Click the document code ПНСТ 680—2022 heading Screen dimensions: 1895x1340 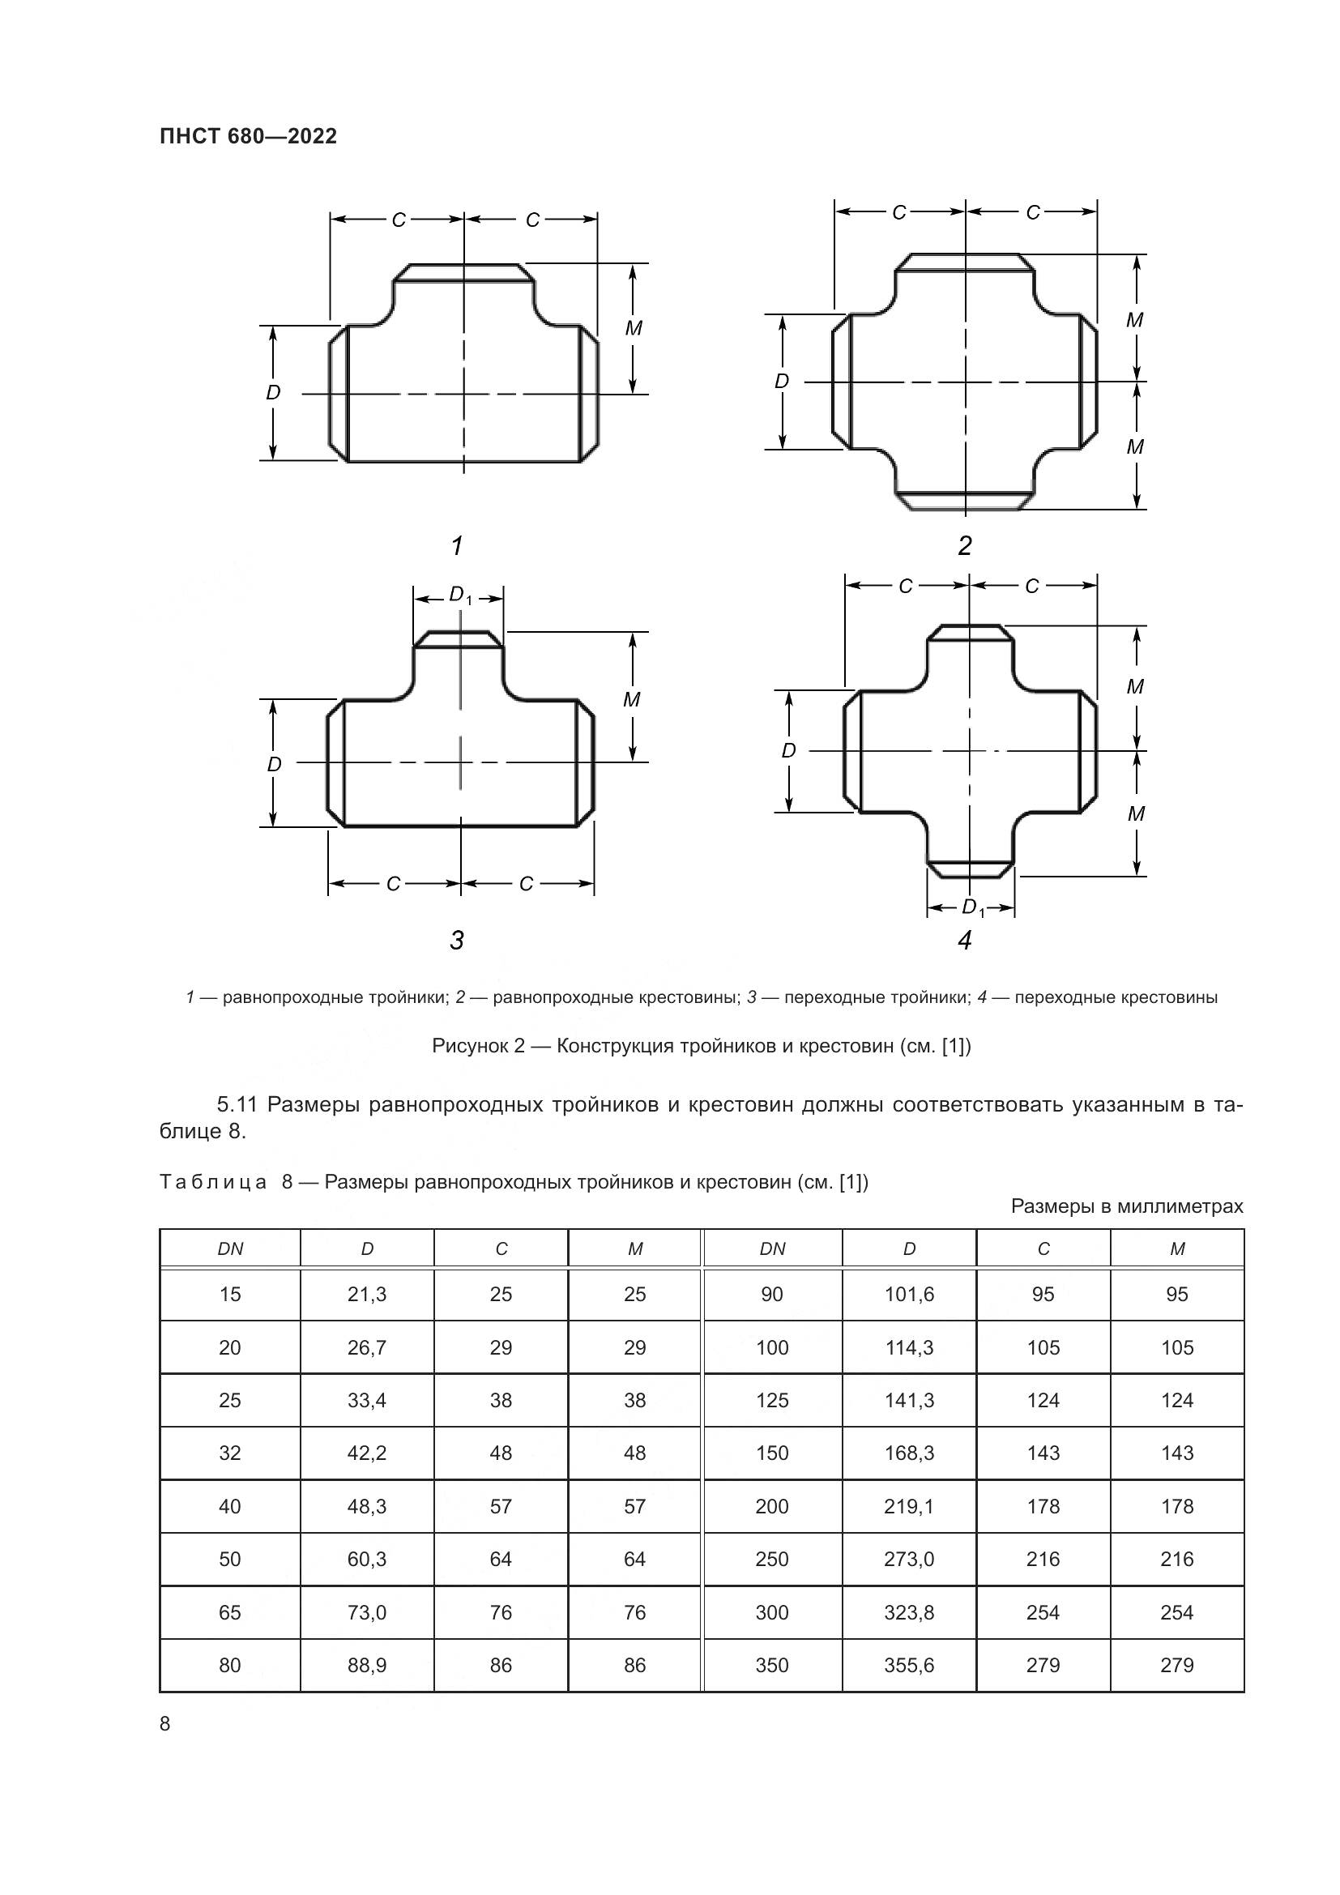point(249,137)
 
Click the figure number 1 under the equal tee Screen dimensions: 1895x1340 point(456,545)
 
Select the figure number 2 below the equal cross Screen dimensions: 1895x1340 point(965,545)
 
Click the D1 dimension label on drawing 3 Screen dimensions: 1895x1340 point(459,595)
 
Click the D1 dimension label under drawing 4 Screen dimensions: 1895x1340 point(973,908)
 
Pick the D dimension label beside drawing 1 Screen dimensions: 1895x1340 point(273,393)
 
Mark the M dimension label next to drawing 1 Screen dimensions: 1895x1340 point(633,328)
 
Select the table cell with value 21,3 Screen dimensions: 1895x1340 point(367,1294)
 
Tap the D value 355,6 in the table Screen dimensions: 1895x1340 point(909,1666)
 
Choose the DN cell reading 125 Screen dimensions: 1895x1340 point(772,1401)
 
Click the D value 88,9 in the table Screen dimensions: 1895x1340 point(367,1666)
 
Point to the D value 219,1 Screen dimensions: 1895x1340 point(909,1506)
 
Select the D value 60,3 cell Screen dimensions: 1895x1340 point(367,1559)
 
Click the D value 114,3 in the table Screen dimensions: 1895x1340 point(909,1348)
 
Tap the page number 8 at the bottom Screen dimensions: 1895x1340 point(165,1724)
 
